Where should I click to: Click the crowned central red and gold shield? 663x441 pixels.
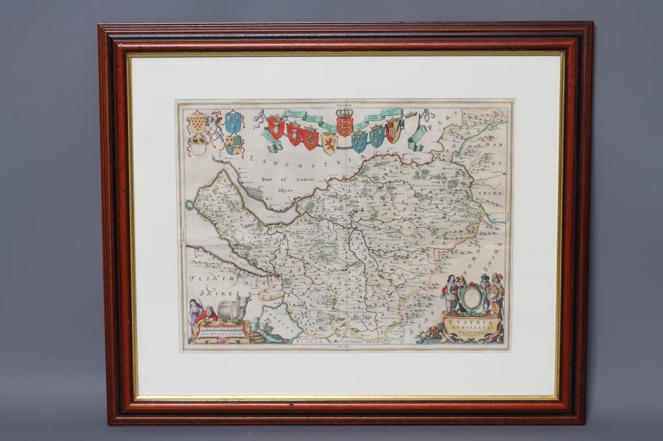pyautogui.click(x=344, y=126)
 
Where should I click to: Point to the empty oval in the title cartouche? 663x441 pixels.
pyautogui.click(x=471, y=297)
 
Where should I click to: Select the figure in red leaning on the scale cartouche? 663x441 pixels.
pyautogui.click(x=208, y=314)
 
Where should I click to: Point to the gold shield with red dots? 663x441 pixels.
pyautogui.click(x=197, y=122)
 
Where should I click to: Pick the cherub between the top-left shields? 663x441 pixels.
pyautogui.click(x=215, y=126)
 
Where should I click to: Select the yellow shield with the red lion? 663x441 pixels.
pyautogui.click(x=330, y=142)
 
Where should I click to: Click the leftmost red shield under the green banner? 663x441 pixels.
pyautogui.click(x=276, y=127)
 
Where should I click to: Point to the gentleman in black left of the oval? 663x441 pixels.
pyautogui.click(x=450, y=293)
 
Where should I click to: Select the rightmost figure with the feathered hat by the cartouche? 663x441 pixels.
pyautogui.click(x=496, y=292)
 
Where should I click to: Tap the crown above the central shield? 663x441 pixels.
pyautogui.click(x=344, y=113)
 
